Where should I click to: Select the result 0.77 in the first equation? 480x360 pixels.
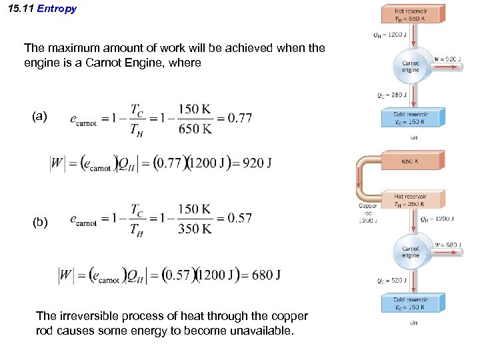(x=240, y=118)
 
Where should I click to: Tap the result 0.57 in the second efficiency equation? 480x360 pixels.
(x=239, y=218)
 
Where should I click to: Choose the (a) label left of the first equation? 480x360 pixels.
(x=40, y=117)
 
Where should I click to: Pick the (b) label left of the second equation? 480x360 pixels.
(x=40, y=222)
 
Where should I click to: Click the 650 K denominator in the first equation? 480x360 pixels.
(x=195, y=129)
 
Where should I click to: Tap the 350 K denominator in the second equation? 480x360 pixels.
(x=195, y=228)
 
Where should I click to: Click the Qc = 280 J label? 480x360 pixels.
(x=387, y=95)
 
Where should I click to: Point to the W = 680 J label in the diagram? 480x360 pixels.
(x=448, y=245)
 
